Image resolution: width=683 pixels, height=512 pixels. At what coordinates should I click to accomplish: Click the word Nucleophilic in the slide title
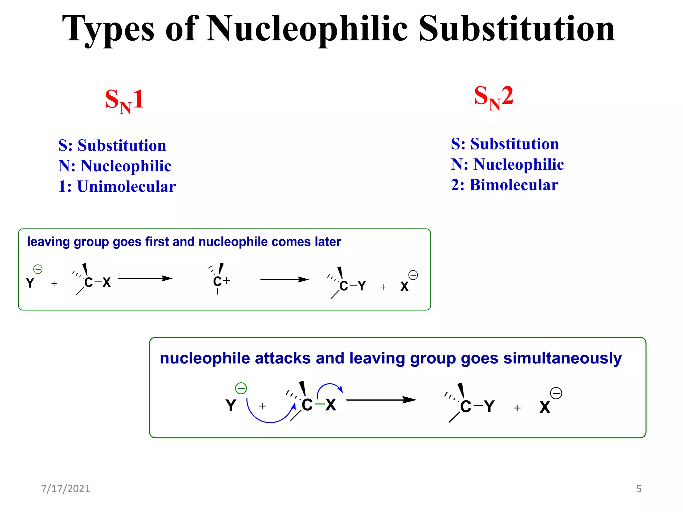(307, 29)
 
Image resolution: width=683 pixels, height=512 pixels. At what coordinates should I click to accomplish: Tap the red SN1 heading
(124, 100)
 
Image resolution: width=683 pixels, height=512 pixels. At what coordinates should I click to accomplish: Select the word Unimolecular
(126, 186)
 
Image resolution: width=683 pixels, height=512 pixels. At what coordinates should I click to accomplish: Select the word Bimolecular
(514, 185)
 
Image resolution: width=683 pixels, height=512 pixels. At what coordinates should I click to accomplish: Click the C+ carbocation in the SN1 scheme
(221, 281)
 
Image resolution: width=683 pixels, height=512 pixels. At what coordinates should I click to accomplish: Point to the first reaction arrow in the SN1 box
(145, 278)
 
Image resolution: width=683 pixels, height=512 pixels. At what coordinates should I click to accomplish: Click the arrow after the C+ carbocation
(284, 279)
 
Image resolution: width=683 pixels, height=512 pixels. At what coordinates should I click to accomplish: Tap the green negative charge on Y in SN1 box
(38, 269)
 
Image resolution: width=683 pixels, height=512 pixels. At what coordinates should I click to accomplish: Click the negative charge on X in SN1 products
(413, 275)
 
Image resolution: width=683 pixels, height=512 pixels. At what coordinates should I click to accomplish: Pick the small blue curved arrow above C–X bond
(329, 389)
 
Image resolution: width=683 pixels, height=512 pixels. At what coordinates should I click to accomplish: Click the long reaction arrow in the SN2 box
(381, 400)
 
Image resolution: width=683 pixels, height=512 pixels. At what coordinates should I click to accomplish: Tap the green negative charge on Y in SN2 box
(241, 388)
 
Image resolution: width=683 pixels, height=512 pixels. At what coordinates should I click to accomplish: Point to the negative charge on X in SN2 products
(556, 393)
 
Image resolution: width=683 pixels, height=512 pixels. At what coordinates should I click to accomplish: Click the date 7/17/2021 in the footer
(65, 489)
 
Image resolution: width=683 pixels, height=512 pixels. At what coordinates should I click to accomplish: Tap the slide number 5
(639, 489)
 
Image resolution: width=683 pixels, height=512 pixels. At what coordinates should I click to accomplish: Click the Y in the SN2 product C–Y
(489, 406)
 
